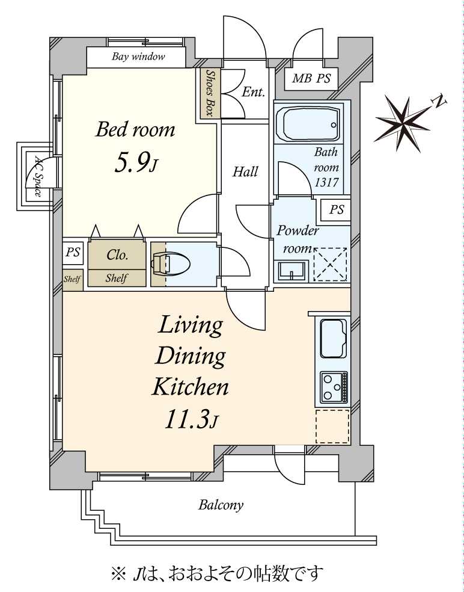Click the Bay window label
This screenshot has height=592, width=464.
click(138, 58)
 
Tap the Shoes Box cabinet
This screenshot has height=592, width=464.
click(210, 93)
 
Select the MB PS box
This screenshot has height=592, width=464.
click(311, 79)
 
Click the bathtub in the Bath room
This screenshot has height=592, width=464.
click(307, 123)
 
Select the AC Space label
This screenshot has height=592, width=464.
click(37, 177)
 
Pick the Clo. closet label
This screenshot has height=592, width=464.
click(117, 255)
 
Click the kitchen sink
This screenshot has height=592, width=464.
click(333, 339)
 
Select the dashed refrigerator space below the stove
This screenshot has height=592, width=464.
click(332, 427)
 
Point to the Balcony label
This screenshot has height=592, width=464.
click(221, 505)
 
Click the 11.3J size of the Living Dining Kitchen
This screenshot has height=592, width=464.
click(191, 419)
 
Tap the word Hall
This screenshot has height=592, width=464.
click(245, 172)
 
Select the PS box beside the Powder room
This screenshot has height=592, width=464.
click(337, 210)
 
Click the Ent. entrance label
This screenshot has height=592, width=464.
click(254, 92)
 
